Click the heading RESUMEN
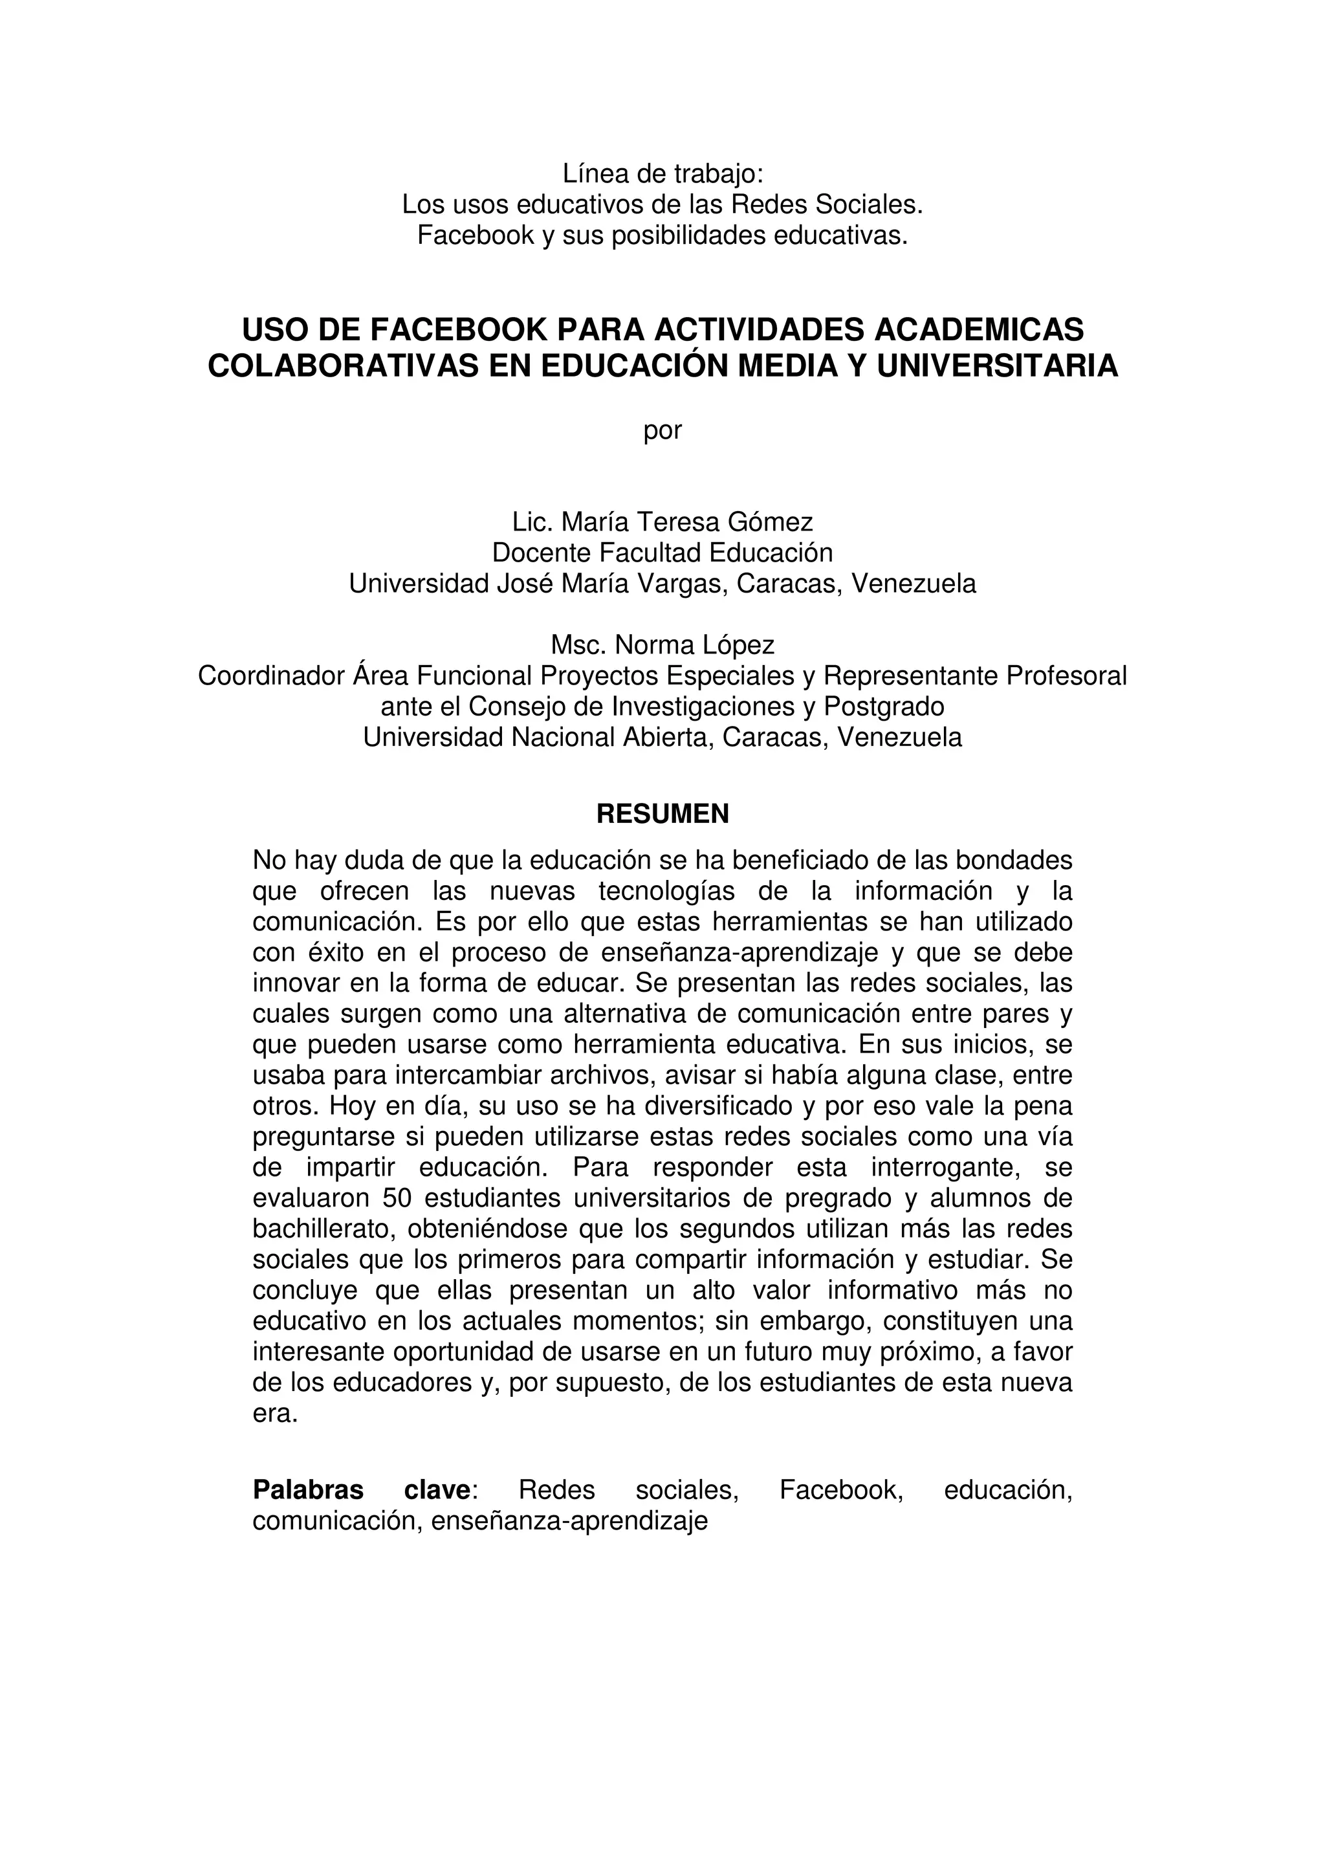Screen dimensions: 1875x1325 pyautogui.click(x=662, y=813)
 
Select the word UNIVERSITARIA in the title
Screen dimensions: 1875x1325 pyautogui.click(x=998, y=366)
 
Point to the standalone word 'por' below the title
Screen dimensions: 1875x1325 pyautogui.click(x=662, y=431)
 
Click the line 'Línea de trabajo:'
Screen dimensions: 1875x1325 pyautogui.click(x=662, y=173)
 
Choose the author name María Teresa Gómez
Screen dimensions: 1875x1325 pyautogui.click(x=686, y=522)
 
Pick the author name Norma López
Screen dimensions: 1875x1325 pyautogui.click(x=694, y=645)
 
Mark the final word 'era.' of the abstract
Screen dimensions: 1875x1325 pyautogui.click(x=275, y=1414)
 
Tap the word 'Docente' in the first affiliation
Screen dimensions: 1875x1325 pyautogui.click(x=542, y=553)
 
